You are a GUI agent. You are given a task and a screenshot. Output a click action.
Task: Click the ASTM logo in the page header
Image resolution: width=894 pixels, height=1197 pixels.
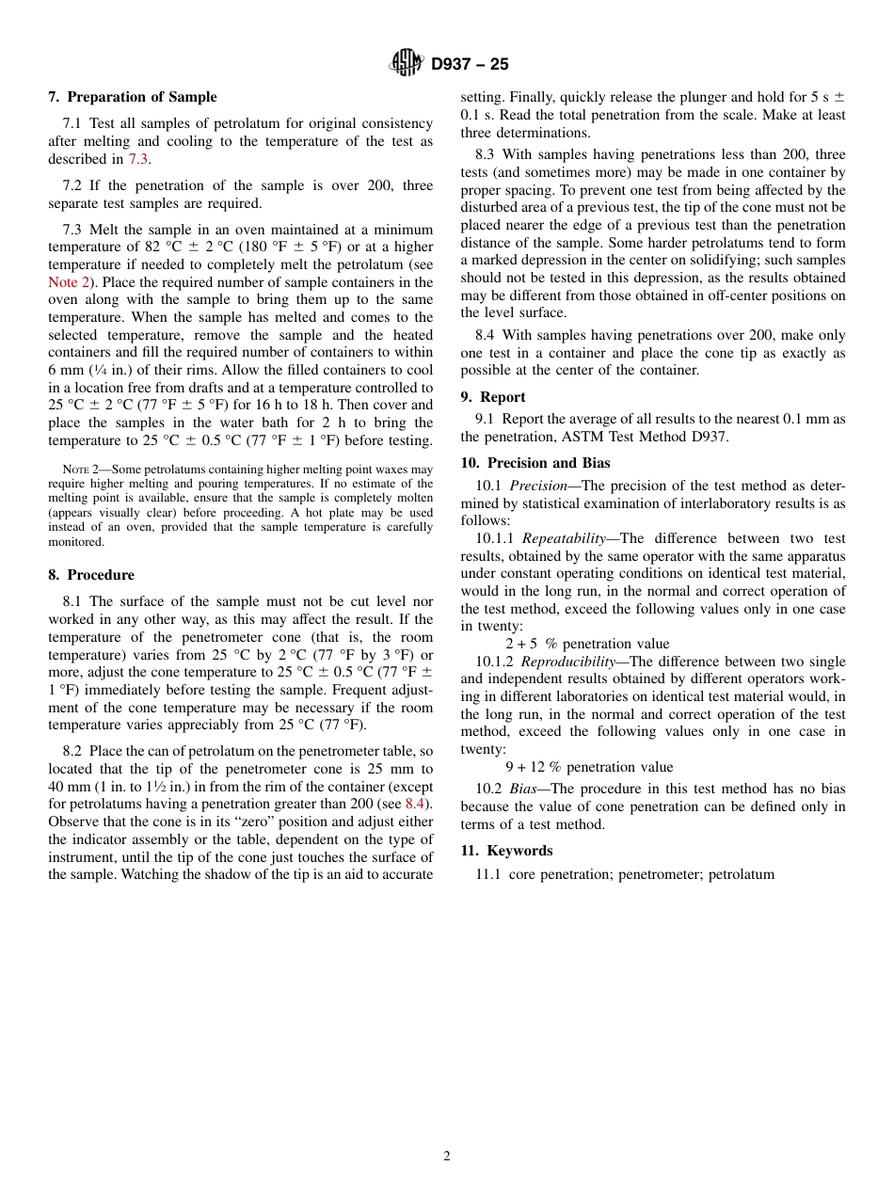(407, 63)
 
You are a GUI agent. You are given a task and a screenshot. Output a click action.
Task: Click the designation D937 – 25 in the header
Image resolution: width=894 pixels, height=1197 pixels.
(470, 64)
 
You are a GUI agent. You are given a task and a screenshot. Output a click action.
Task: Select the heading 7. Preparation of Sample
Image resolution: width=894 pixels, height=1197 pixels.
(133, 97)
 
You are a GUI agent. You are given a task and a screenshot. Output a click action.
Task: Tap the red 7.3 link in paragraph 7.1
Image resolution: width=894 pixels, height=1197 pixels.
(137, 159)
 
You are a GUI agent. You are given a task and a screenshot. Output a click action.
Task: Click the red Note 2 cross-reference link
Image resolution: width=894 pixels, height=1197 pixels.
(65, 282)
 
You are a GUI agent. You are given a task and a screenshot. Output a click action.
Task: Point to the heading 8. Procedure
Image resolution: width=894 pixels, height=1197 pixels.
(91, 575)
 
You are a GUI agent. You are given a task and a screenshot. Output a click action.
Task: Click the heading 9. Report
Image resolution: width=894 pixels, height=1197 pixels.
(493, 397)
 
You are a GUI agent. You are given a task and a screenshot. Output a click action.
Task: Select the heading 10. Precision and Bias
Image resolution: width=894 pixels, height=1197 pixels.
(535, 463)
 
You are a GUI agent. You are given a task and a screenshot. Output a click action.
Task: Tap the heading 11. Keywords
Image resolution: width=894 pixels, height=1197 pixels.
(506, 851)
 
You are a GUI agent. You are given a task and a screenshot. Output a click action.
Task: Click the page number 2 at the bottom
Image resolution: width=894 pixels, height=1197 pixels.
(447, 1157)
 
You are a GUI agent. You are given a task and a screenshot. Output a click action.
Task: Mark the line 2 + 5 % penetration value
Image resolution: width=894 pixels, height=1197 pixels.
(587, 645)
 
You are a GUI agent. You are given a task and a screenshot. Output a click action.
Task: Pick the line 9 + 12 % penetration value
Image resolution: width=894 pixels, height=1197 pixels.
(589, 767)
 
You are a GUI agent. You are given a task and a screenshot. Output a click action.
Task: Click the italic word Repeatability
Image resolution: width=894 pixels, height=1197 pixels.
(564, 539)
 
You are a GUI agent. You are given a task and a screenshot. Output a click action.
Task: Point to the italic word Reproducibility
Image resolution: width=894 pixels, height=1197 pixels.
(568, 662)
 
